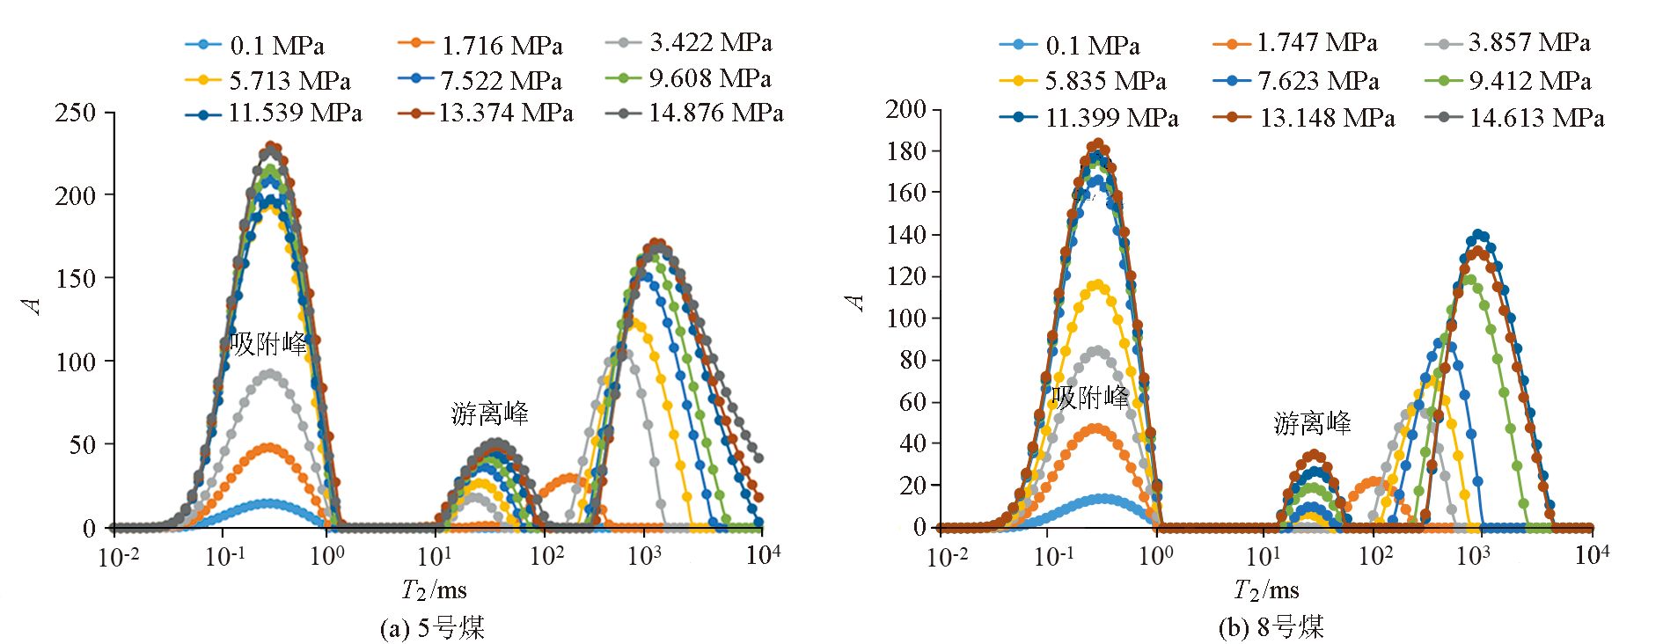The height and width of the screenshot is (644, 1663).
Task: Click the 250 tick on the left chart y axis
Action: [76, 113]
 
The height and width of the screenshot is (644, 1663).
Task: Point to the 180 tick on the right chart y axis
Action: [907, 150]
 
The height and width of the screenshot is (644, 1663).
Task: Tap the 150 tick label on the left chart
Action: [76, 278]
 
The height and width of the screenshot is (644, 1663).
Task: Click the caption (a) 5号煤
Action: [432, 627]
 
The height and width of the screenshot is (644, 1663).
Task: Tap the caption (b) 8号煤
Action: [1271, 627]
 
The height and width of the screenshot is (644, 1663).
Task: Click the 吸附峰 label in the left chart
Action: [268, 343]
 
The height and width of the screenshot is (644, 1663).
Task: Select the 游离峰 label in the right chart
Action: [1312, 423]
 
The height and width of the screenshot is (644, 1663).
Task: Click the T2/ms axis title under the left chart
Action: [434, 589]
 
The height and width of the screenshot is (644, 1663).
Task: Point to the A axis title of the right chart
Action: [855, 303]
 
